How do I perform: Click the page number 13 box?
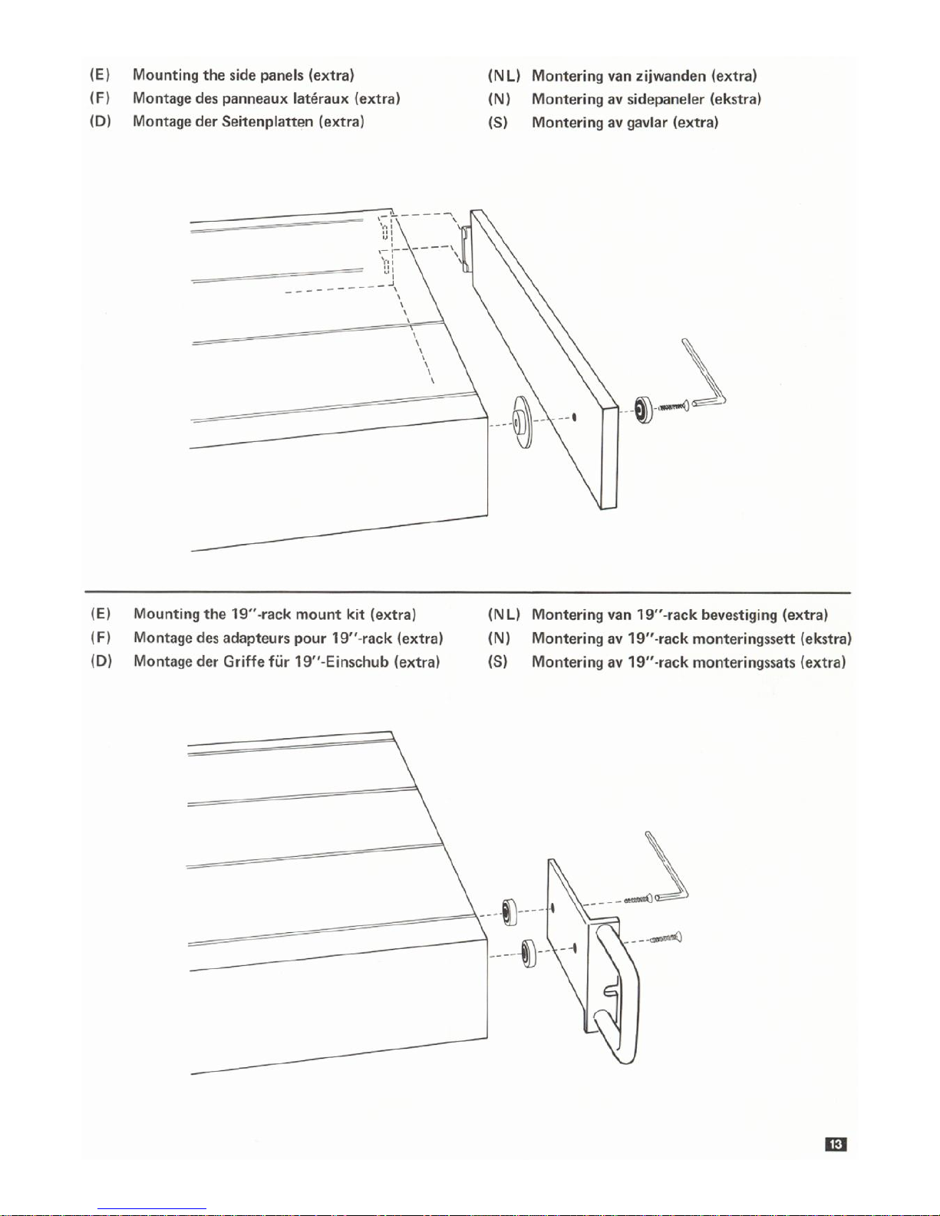[x=836, y=1145]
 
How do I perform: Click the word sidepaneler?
[x=665, y=100]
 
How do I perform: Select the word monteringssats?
[x=744, y=662]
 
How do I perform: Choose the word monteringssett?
[x=744, y=639]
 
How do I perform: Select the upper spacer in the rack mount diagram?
[x=508, y=911]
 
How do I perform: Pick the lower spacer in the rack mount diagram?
[x=529, y=954]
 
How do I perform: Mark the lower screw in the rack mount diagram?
[x=665, y=938]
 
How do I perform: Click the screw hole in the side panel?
[x=575, y=417]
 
